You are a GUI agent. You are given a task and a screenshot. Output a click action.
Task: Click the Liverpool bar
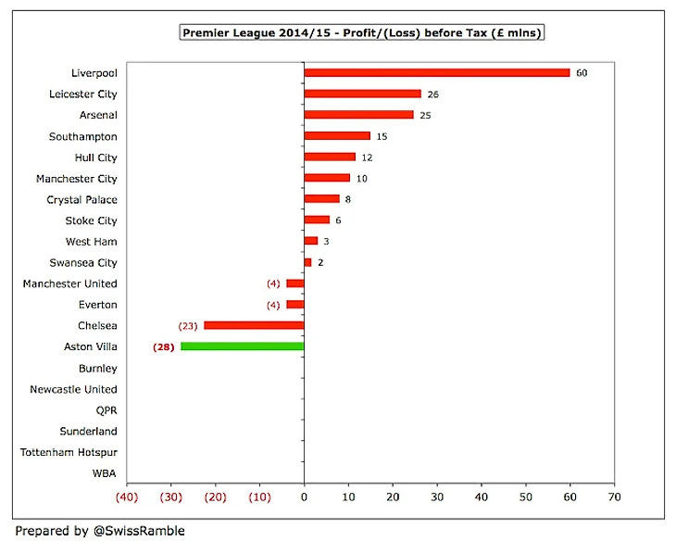point(436,72)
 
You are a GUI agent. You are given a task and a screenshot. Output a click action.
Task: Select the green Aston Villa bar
point(243,346)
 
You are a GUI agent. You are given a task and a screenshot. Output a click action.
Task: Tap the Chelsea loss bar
point(254,325)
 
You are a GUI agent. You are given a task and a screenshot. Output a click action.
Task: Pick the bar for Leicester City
point(362,94)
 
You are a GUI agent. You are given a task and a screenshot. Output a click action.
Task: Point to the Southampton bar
point(337,136)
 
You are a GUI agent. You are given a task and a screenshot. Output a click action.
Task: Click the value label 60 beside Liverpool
point(582,72)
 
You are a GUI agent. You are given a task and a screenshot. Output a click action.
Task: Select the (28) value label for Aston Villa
point(164,346)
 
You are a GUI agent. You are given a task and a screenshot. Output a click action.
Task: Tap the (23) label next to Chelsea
point(188,325)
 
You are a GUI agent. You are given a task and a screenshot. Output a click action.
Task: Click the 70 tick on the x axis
point(613,497)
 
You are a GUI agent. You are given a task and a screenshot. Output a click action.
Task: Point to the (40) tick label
point(127,497)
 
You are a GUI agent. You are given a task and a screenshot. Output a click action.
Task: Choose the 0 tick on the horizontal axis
point(304,497)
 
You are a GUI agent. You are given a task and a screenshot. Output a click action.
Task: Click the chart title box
point(360,33)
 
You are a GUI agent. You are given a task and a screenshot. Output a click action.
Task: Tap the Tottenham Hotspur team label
point(69,452)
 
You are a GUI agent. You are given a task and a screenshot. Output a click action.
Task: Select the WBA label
point(105,473)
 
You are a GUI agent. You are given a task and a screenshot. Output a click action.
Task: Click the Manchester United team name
point(70,283)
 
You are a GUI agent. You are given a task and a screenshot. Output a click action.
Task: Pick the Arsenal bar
point(358,115)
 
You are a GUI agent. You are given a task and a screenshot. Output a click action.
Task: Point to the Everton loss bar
point(294,304)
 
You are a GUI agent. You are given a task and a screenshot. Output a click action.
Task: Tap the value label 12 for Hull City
point(367,157)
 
